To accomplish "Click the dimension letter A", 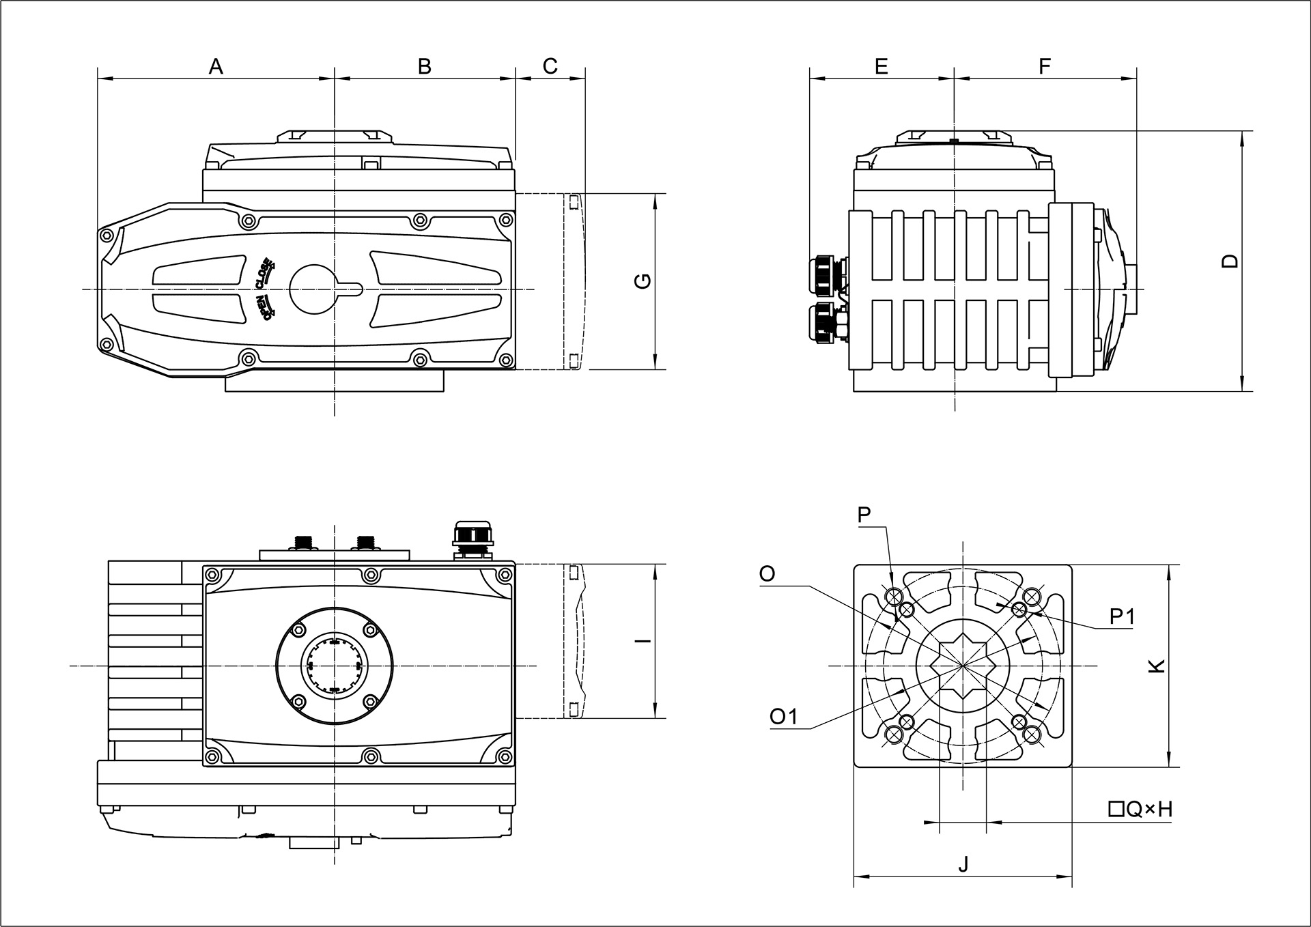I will tap(216, 67).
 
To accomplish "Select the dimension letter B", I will tap(424, 67).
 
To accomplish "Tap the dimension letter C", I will tap(550, 66).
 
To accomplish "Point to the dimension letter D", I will tap(1230, 261).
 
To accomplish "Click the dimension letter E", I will tap(881, 67).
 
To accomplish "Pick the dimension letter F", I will tap(1044, 67).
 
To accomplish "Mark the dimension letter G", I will tap(643, 281).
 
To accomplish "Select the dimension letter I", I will tap(643, 640).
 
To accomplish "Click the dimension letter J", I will tap(963, 865).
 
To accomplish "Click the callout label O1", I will tap(783, 716).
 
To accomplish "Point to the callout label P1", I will tap(1122, 617).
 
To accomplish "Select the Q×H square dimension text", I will tap(1140, 810).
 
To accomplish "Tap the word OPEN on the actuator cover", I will tap(264, 306).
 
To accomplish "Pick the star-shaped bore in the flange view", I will tap(963, 665).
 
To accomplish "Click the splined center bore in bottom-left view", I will tap(334, 665).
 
